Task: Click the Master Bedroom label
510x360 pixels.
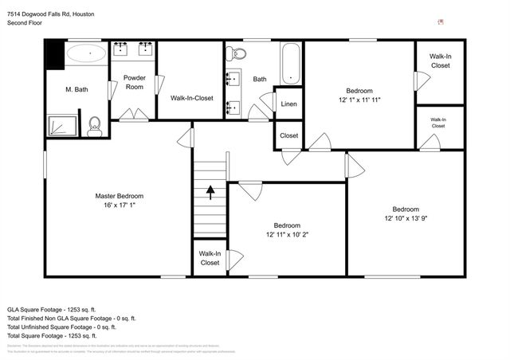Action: (x=120, y=196)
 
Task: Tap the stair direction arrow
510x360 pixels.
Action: (x=210, y=192)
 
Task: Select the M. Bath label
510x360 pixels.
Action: (x=76, y=90)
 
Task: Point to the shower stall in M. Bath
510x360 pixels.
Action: (x=61, y=126)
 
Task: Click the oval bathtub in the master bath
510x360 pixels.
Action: (x=84, y=54)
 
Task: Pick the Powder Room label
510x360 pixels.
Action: (x=135, y=82)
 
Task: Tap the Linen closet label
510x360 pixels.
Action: (x=288, y=104)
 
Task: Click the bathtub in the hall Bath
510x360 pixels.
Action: (x=291, y=63)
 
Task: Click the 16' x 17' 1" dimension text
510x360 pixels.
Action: (x=120, y=205)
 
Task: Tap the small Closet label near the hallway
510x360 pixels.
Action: (x=288, y=135)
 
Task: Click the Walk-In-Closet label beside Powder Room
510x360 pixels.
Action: (x=192, y=98)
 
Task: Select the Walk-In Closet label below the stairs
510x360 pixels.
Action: (x=210, y=258)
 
